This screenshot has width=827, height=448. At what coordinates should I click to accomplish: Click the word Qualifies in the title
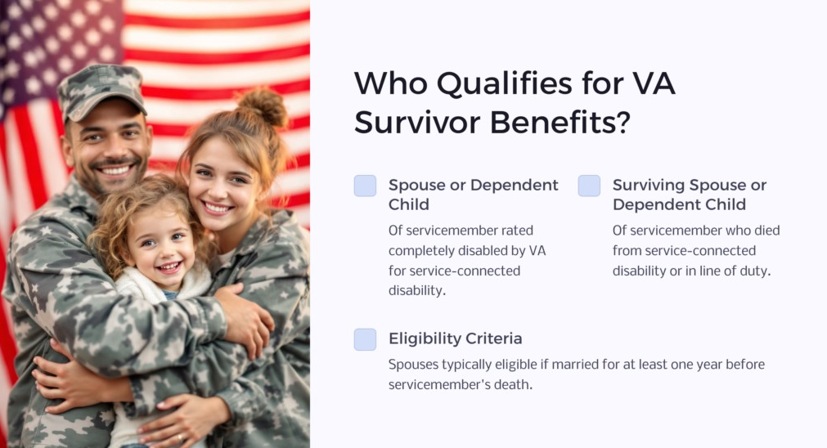point(504,83)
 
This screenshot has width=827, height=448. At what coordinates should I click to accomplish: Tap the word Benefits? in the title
point(560,123)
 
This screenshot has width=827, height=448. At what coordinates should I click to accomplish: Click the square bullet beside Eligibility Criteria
point(365,339)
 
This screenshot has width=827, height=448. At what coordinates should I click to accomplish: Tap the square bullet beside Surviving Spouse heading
point(589,186)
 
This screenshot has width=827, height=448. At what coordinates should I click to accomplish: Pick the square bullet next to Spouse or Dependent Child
point(365,186)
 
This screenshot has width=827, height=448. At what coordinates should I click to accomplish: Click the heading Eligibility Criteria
point(455,338)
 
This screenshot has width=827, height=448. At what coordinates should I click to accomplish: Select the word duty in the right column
point(758,271)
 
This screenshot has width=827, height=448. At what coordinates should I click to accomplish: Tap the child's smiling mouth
point(170,267)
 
